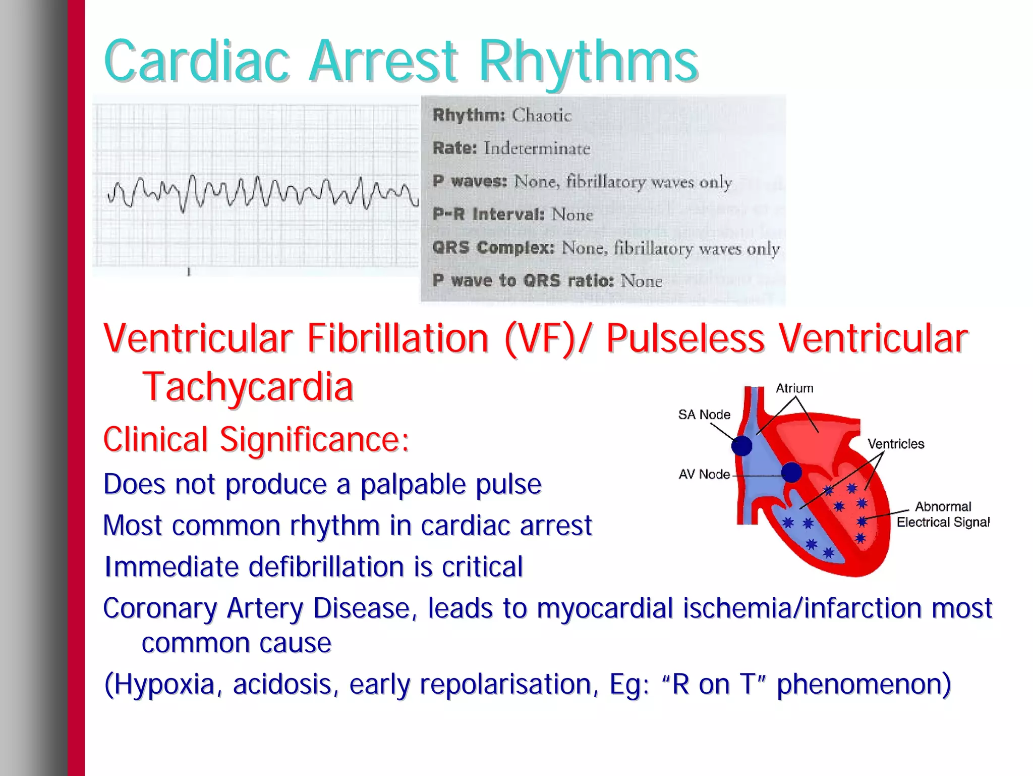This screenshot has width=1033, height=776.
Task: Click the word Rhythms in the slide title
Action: point(588,62)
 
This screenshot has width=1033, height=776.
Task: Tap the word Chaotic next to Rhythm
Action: point(542,116)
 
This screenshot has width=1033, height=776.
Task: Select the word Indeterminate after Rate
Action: point(537,148)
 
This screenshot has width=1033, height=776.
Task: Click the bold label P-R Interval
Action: point(488,215)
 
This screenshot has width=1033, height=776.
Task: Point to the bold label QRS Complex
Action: point(493,248)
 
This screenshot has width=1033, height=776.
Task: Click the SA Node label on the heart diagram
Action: point(704,415)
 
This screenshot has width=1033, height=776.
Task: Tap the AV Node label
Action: point(704,474)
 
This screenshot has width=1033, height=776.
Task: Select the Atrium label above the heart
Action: point(794,388)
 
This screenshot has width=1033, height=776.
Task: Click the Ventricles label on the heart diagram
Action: point(896,444)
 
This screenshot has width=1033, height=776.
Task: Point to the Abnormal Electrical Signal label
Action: point(943,514)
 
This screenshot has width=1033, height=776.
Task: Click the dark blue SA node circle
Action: point(741,445)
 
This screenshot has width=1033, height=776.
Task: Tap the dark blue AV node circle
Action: point(791,473)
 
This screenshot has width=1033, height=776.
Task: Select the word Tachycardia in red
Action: point(248,386)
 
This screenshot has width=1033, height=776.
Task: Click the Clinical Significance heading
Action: point(256,439)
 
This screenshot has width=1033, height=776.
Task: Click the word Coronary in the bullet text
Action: point(160,608)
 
